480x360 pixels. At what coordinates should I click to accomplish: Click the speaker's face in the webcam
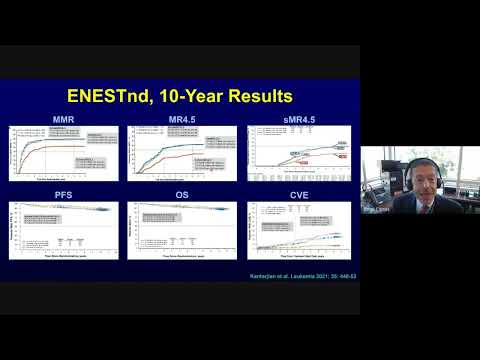(418, 172)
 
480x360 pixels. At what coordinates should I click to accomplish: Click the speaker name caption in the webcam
(372, 211)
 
